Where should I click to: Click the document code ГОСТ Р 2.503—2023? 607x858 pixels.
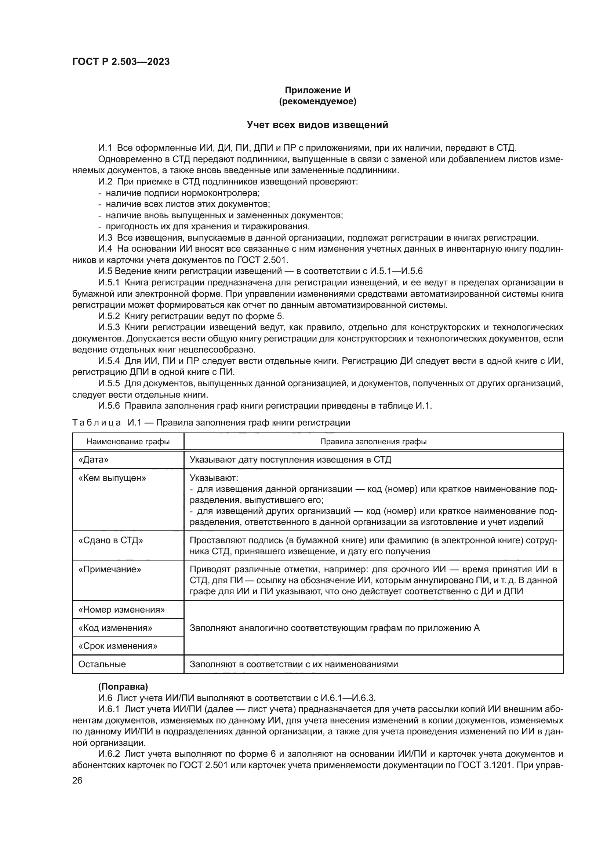tap(121, 62)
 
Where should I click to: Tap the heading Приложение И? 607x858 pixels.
tap(317, 90)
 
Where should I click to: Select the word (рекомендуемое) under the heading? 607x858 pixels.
tap(317, 101)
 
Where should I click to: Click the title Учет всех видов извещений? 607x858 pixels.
tap(317, 125)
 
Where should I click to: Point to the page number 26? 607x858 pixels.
tap(77, 780)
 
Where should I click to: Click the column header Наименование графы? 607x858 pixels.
tap(128, 441)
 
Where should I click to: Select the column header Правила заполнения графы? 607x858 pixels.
tap(373, 441)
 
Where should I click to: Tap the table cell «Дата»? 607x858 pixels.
tap(93, 460)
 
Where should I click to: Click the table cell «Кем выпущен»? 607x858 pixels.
tap(112, 478)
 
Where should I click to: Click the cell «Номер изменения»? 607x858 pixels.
tap(121, 610)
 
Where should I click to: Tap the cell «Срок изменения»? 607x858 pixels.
tap(117, 646)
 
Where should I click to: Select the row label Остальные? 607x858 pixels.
tap(102, 664)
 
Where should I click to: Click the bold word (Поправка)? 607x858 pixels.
tap(123, 686)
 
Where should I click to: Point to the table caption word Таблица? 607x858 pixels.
tap(96, 423)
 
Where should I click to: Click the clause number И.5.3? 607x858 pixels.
tap(109, 327)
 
